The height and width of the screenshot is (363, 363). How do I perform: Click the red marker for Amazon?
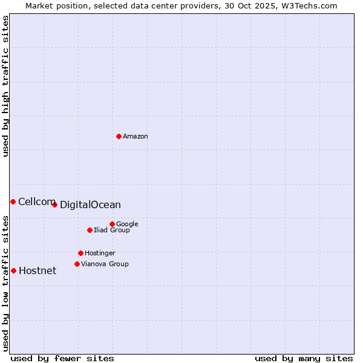[119, 136]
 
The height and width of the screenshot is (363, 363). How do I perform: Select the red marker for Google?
[112, 224]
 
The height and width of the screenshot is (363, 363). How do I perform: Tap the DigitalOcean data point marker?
[54, 204]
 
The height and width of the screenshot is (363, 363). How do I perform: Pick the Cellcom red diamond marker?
[13, 201]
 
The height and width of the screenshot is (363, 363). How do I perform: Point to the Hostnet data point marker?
[13, 270]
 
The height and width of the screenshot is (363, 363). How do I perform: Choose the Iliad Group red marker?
[90, 230]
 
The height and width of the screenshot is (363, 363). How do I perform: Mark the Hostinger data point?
[80, 253]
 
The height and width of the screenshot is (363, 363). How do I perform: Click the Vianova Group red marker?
[77, 264]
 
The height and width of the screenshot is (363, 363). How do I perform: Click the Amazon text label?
[136, 137]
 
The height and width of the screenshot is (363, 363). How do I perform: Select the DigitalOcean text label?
[90, 205]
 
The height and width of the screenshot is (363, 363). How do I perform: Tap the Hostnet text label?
[38, 271]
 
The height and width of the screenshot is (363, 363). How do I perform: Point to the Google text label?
[127, 224]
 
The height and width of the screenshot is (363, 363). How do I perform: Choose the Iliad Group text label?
[112, 231]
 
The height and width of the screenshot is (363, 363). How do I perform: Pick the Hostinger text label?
[100, 253]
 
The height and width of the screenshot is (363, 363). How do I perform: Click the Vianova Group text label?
[105, 264]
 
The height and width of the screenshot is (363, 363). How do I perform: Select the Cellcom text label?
[36, 202]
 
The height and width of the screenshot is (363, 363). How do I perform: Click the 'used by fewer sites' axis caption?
[62, 358]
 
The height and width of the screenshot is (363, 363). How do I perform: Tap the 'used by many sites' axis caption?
[304, 358]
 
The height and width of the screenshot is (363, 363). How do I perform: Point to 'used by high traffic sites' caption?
[6, 86]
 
